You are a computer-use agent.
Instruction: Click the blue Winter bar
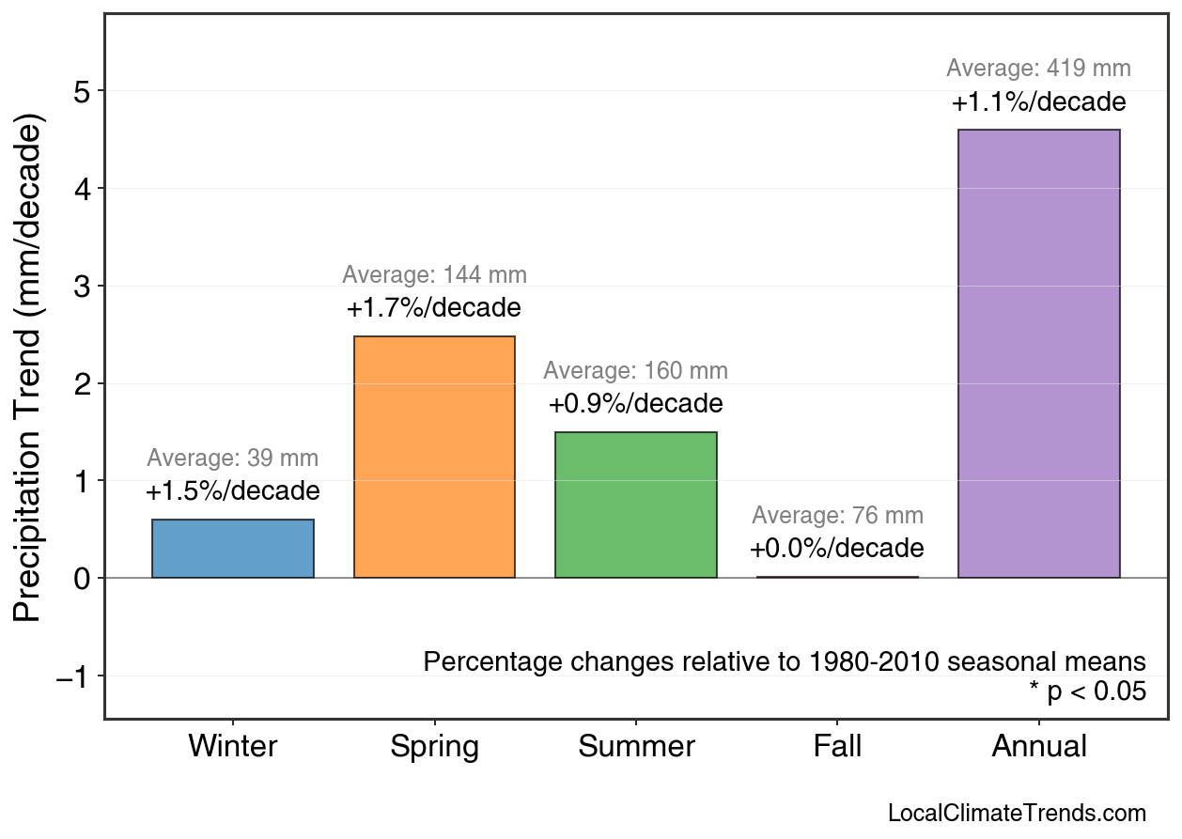tap(233, 549)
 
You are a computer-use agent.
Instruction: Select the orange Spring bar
tap(434, 458)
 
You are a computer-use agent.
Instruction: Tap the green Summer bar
tap(636, 505)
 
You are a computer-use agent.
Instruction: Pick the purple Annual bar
tap(1038, 354)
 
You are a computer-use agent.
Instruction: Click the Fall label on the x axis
tap(837, 747)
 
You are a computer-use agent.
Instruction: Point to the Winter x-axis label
tap(233, 747)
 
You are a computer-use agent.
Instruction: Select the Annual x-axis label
tap(1039, 747)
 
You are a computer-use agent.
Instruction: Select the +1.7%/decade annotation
tap(433, 308)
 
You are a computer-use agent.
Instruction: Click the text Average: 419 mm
tap(1038, 69)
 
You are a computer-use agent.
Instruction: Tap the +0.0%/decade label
tap(836, 549)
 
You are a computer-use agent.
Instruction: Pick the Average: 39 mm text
tap(233, 459)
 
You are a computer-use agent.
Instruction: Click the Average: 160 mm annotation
tap(635, 371)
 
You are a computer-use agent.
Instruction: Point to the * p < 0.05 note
tap(1087, 692)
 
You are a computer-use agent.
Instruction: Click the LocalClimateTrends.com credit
tap(1017, 814)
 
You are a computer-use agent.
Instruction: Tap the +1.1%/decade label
tap(1038, 102)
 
